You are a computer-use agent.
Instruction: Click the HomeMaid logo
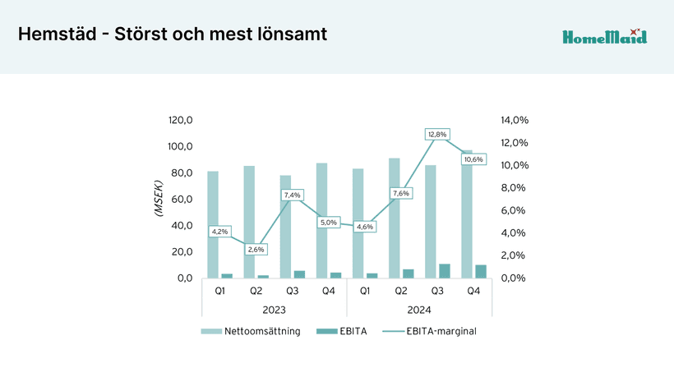[604, 36]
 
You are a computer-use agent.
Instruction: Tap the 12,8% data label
[437, 134]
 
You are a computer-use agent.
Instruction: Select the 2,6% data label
[256, 249]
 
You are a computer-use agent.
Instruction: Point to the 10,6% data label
[473, 159]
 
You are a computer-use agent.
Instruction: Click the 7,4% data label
[292, 195]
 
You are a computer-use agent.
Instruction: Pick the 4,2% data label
[219, 232]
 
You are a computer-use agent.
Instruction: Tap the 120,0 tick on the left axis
[180, 120]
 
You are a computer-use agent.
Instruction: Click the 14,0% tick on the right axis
[514, 120]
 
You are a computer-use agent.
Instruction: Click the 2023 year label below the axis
[274, 310]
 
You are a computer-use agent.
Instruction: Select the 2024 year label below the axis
[418, 310]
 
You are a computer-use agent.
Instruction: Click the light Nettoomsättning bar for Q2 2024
[395, 218]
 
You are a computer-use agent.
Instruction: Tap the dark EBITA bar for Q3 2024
[445, 271]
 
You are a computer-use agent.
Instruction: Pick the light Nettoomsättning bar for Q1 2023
[213, 224]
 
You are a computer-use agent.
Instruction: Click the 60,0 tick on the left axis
[180, 199]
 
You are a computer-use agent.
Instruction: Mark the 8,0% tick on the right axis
[514, 187]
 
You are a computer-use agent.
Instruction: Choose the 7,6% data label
[401, 193]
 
